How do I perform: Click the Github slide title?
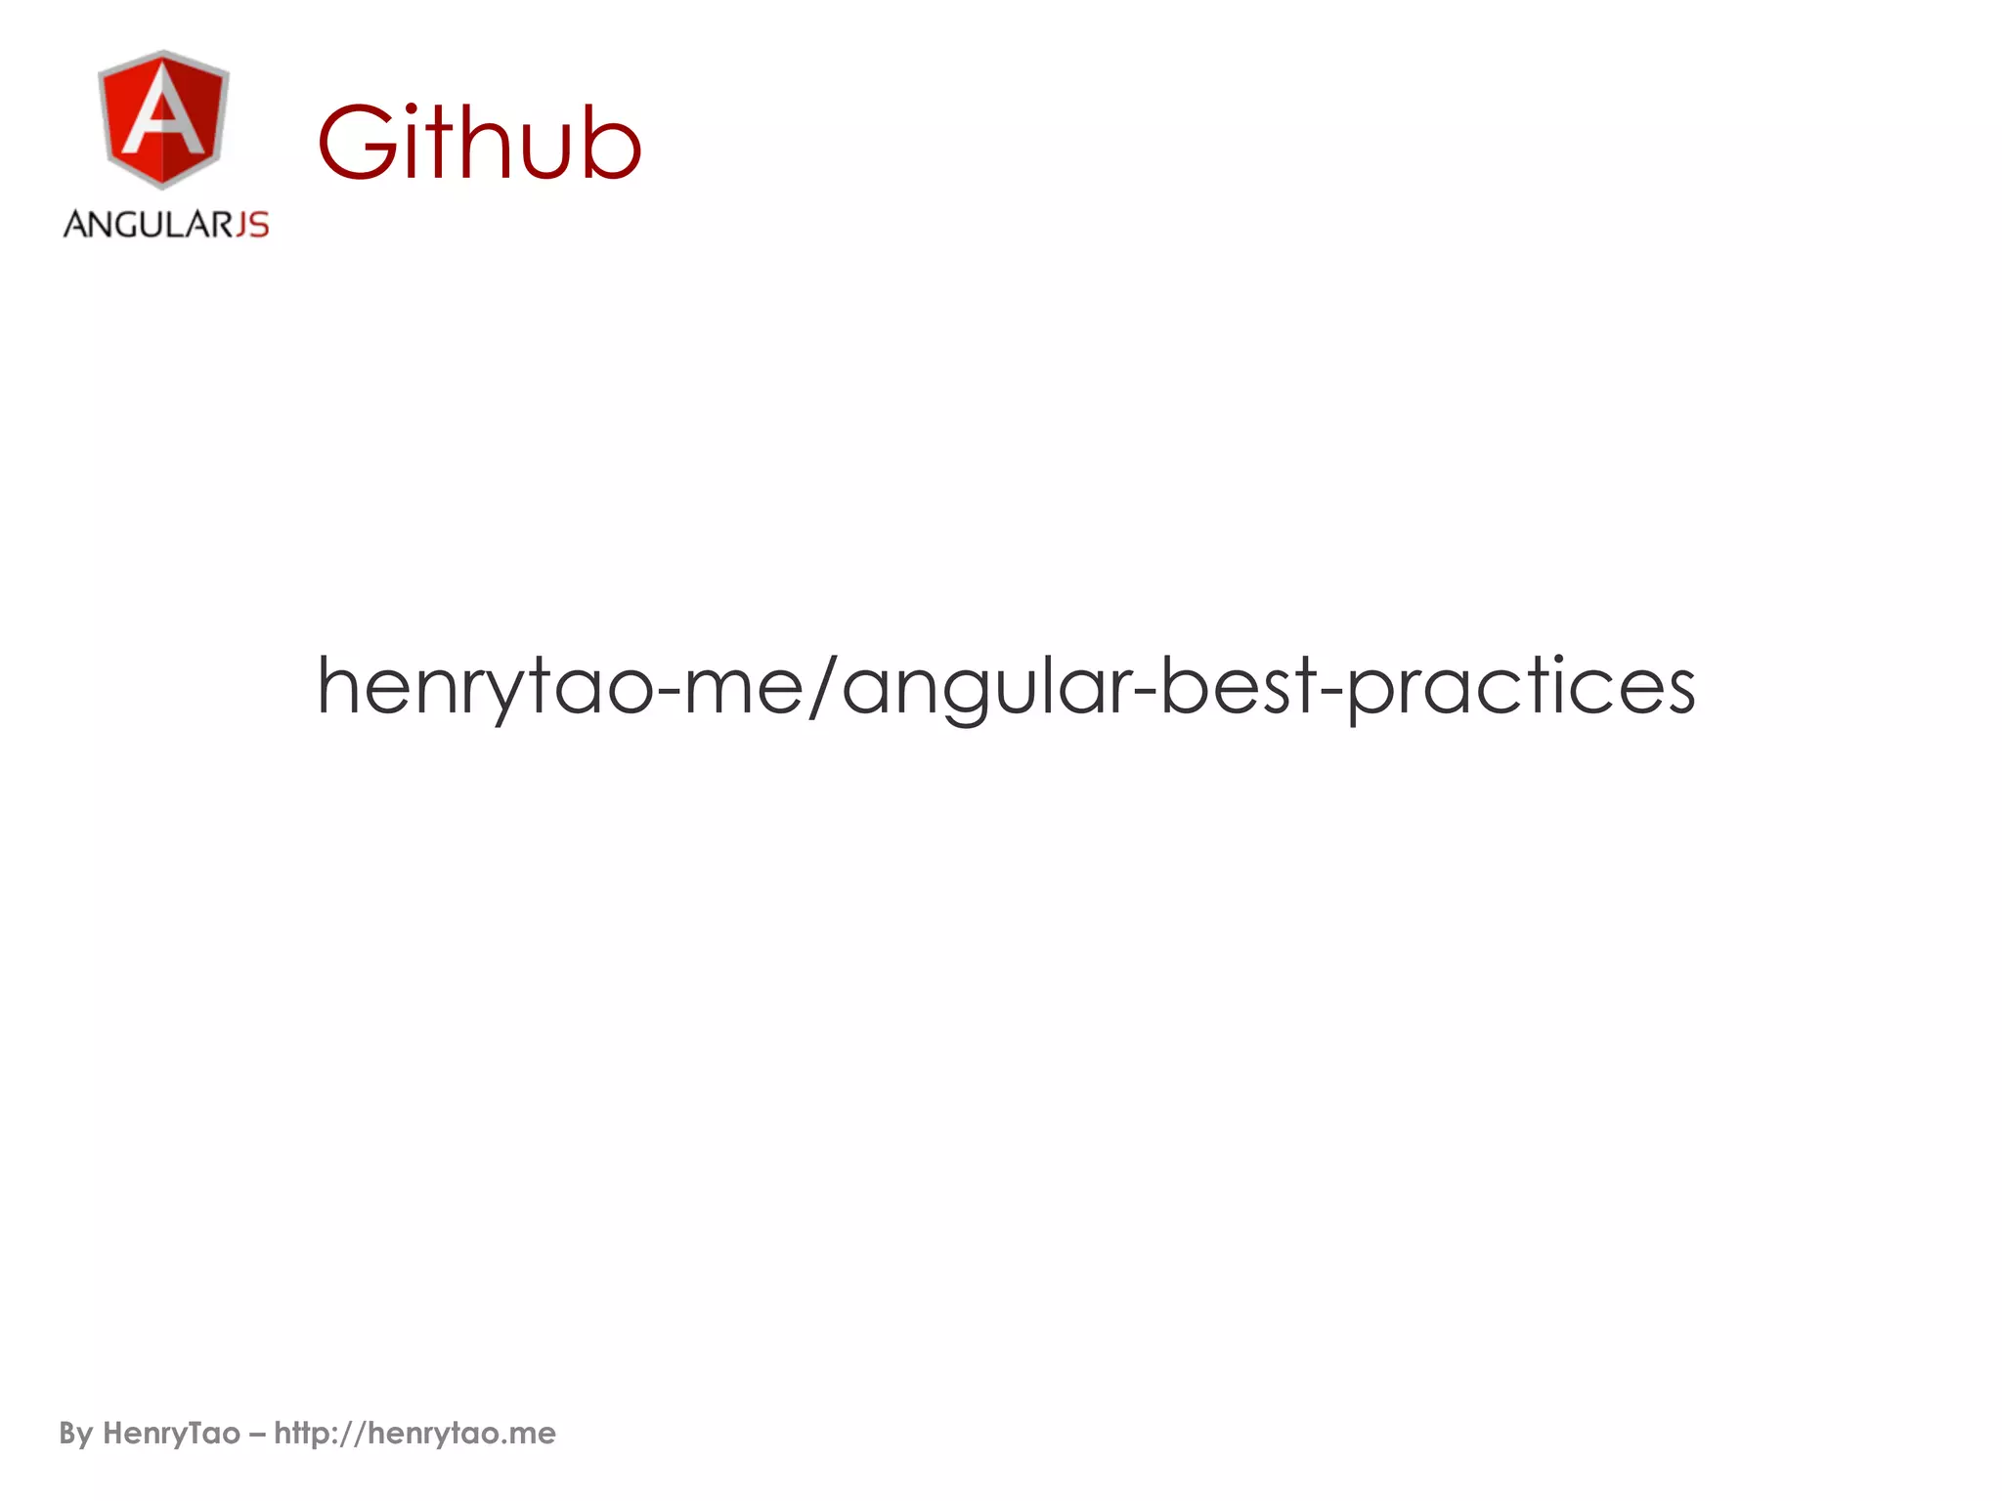coord(479,144)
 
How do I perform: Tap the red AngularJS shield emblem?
coord(163,118)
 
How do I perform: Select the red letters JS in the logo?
coord(252,225)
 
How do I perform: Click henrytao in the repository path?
coord(485,687)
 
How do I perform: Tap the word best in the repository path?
coord(1239,686)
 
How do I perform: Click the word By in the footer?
coord(76,1434)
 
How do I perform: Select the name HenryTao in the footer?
coord(171,1434)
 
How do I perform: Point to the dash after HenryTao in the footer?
coord(257,1435)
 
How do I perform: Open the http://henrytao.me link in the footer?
coord(414,1434)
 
